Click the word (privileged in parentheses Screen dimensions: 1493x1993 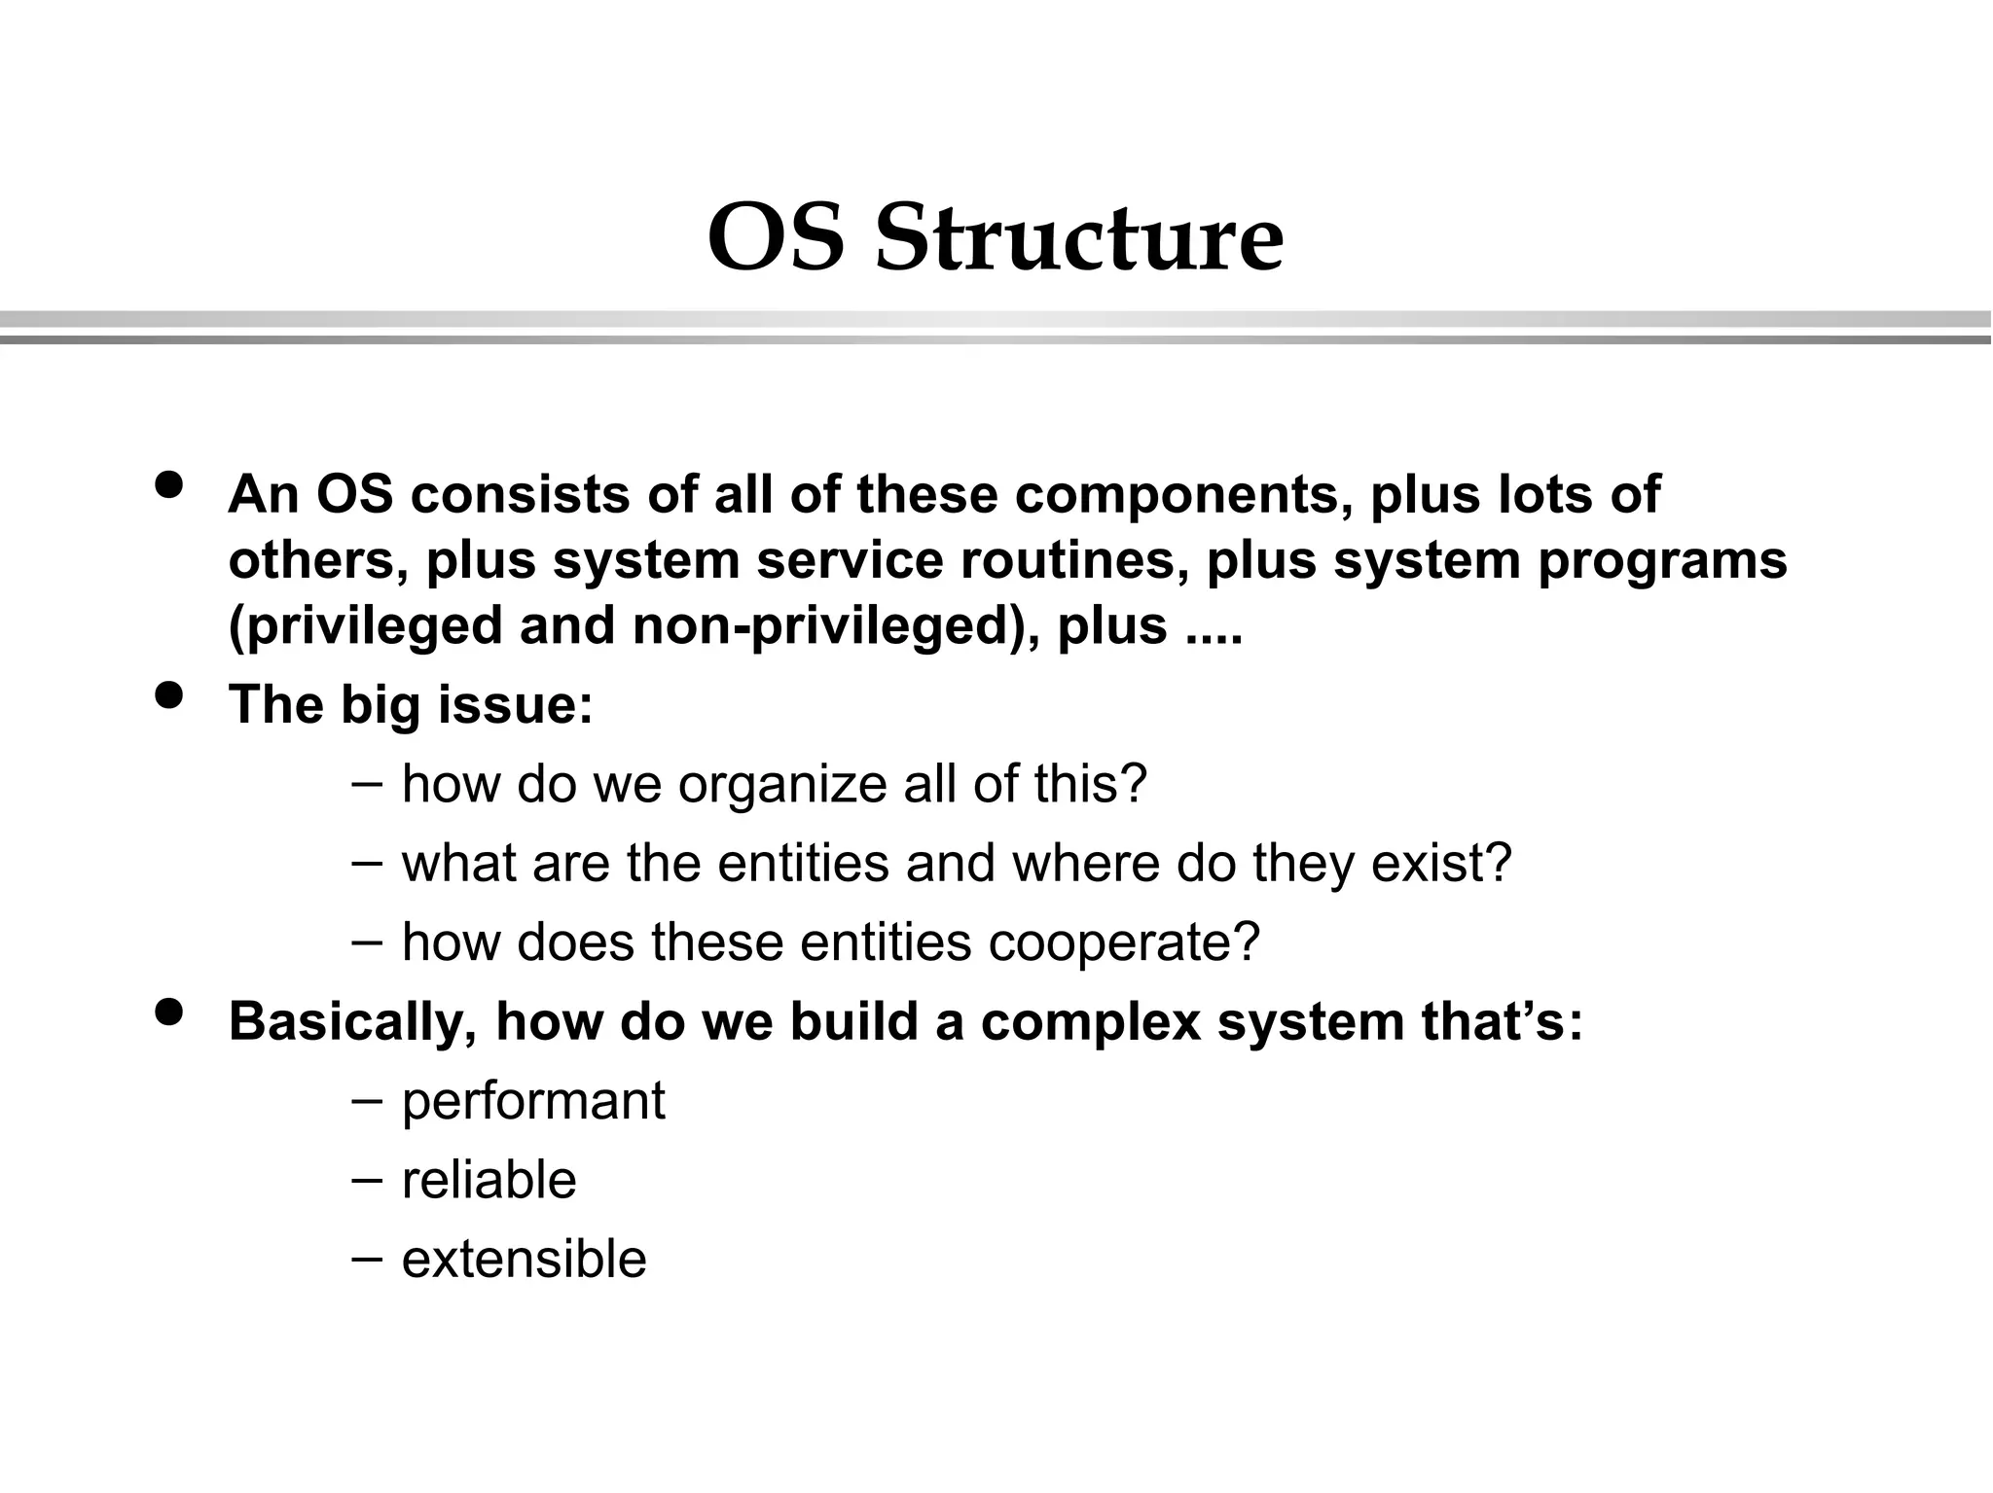[x=365, y=625]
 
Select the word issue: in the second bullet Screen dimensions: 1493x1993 [x=515, y=704]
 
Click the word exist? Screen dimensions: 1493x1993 [x=1441, y=863]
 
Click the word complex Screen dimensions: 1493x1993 [x=1090, y=1022]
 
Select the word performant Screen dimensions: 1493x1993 [x=533, y=1102]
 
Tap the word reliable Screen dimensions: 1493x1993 [x=489, y=1181]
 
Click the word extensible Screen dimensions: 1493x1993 [x=524, y=1260]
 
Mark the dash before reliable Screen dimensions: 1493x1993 [x=366, y=1179]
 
